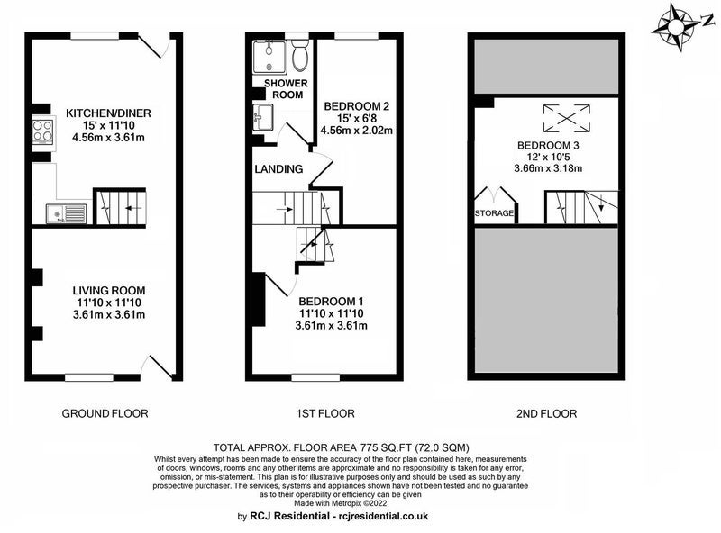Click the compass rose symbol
tap(674, 26)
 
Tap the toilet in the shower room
tap(300, 55)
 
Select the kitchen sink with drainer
tap(66, 213)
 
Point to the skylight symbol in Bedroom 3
tap(567, 118)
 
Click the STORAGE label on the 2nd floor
tap(494, 213)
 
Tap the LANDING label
tap(278, 169)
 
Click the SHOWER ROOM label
tap(286, 89)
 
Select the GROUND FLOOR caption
tap(105, 413)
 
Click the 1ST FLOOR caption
tap(325, 413)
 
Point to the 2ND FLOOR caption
tap(547, 413)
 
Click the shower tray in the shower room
tap(269, 57)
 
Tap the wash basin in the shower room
tap(262, 117)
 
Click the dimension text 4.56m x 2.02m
tap(357, 130)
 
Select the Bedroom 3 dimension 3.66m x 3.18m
tap(548, 168)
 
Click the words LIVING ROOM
tap(109, 291)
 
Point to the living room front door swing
tap(156, 366)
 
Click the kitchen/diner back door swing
tap(155, 47)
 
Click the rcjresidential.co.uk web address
tap(383, 516)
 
